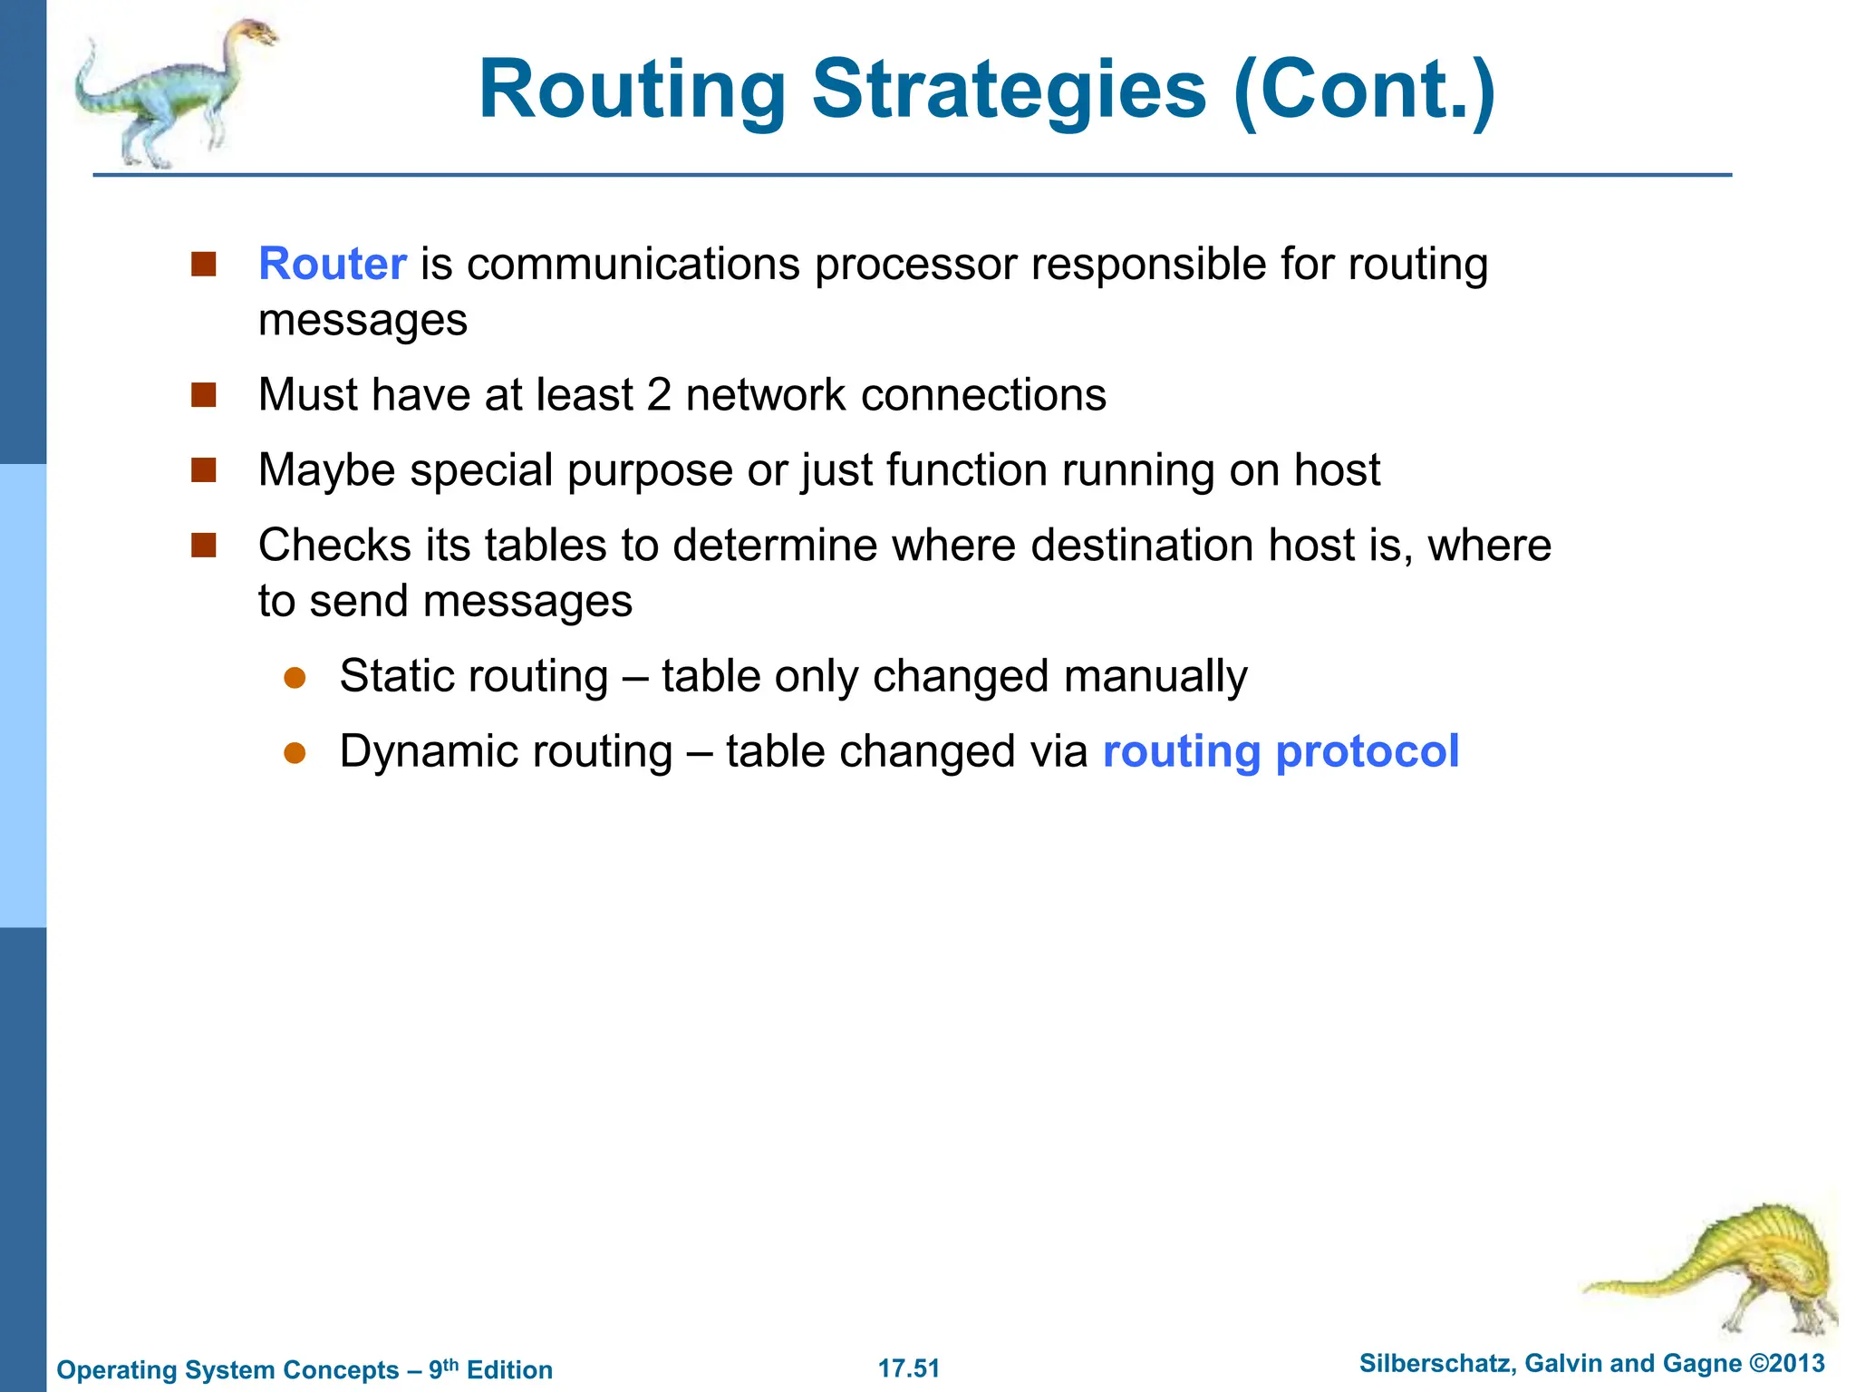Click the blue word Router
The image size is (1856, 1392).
tap(332, 265)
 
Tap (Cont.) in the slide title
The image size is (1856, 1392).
tap(1364, 90)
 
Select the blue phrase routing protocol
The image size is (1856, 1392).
tap(1281, 751)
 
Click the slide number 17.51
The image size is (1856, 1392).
tap(909, 1368)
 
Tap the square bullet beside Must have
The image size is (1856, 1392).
tap(204, 395)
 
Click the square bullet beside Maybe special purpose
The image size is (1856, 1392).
tap(204, 470)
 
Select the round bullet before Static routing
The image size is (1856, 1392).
tap(295, 678)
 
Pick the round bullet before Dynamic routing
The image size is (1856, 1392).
tap(295, 753)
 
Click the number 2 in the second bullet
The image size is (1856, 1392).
tap(659, 395)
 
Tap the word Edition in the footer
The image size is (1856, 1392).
tap(509, 1370)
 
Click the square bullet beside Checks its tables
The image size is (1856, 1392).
tap(204, 546)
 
